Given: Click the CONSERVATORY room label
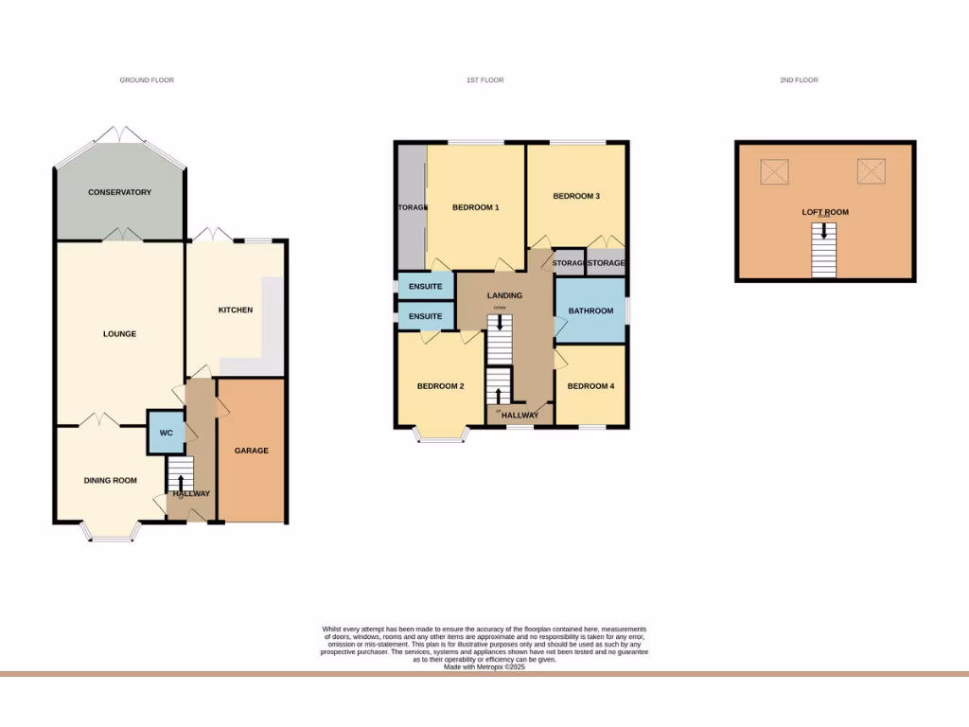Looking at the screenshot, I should (x=119, y=192).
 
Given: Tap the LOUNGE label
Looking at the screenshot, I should (x=119, y=333).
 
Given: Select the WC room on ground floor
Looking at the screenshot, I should (x=166, y=433).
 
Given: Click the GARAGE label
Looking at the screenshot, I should (x=252, y=451).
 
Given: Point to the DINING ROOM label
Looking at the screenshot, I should (x=110, y=481).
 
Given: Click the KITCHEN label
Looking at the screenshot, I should (x=236, y=310).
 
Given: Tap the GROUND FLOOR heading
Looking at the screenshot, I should (x=147, y=80).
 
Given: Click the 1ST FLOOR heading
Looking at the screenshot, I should (x=484, y=80).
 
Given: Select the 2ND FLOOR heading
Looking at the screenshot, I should (x=799, y=80).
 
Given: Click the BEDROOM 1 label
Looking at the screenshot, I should (x=475, y=206).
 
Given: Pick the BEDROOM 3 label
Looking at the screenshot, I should (x=576, y=196).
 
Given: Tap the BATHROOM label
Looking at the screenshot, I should (x=590, y=310).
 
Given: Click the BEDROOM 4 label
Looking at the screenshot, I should (x=590, y=386).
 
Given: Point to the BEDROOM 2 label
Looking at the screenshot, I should (x=440, y=386).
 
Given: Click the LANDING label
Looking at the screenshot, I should (x=504, y=295).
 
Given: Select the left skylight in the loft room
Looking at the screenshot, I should (x=775, y=171).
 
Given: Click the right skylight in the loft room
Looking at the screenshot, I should (x=871, y=171).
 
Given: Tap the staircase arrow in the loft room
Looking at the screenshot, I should (x=824, y=230).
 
